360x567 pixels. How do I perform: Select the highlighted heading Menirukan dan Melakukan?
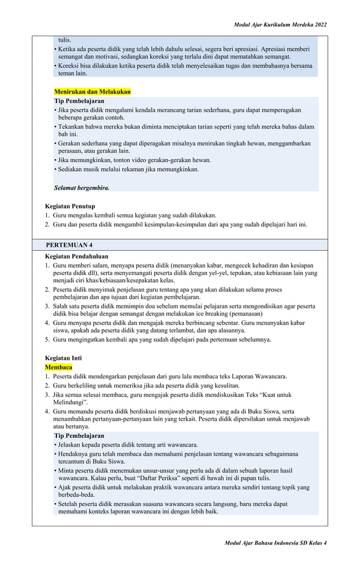point(92,91)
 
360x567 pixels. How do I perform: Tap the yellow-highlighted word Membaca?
point(59,367)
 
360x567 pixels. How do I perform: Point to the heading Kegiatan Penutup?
point(70,206)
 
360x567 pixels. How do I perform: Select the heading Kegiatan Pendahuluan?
point(76,256)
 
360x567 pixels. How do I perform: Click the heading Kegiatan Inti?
point(63,358)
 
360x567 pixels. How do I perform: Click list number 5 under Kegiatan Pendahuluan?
point(47,339)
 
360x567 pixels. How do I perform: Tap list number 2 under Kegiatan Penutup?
point(47,224)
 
